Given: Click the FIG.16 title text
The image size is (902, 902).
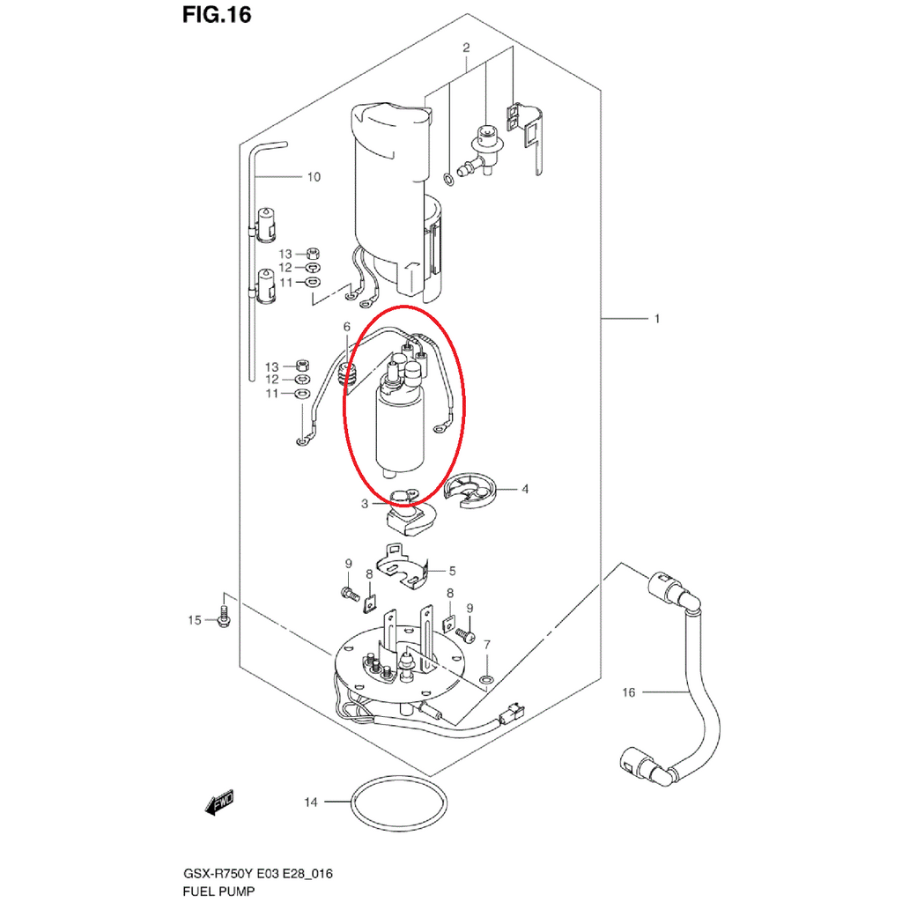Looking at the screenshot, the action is coord(217,14).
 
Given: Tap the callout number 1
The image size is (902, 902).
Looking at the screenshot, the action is coord(657,318).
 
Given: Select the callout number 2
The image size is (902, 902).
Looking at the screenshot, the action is coord(466,48).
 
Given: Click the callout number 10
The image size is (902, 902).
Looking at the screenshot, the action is coord(314,176).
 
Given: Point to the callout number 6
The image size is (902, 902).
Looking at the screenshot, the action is coord(347,327).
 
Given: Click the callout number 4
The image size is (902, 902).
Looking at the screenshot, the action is coord(525,489).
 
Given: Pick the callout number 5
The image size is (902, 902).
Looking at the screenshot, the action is coord(452,571).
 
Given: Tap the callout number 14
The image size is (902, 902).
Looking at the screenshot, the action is coord(311,802).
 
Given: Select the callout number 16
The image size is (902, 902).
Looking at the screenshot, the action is coord(629,692).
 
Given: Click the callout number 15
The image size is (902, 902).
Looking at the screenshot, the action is coord(195,620).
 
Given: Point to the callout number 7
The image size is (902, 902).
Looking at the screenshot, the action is coord(487,644).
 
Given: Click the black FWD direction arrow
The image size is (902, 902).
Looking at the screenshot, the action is coord(219,802).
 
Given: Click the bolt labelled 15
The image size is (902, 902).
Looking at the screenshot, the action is coord(224,617).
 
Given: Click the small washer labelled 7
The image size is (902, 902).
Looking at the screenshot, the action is coord(486,681).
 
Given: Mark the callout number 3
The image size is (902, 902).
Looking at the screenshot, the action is coord(364,504).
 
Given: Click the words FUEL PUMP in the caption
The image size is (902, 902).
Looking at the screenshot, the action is coord(218,891).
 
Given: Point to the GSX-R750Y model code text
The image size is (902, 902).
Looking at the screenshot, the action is coord(218,874).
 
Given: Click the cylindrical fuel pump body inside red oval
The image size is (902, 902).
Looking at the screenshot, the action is coord(399,430).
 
